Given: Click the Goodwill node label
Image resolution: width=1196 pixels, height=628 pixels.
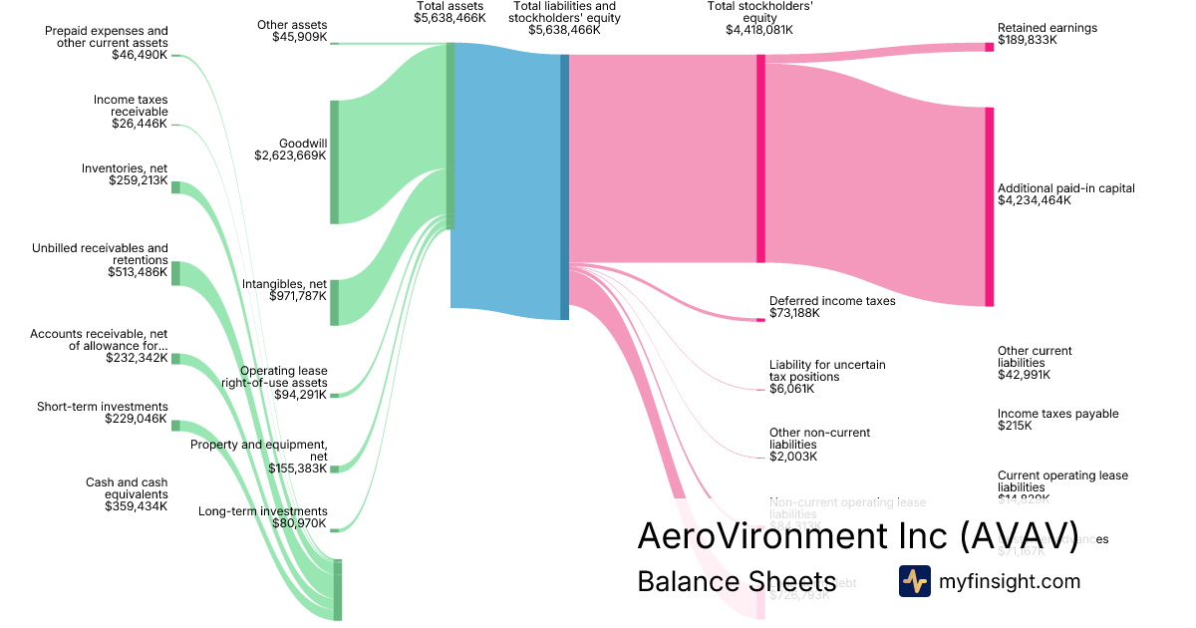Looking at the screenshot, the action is click(304, 143).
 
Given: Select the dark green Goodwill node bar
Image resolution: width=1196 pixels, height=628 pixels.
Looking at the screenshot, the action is click(335, 161).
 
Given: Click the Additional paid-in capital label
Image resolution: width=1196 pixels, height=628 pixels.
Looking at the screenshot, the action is click(1065, 187).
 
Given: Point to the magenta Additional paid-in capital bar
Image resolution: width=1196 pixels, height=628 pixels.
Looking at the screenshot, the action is click(989, 206).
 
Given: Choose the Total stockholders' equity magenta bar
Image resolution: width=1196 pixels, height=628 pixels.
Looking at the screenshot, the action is click(760, 158).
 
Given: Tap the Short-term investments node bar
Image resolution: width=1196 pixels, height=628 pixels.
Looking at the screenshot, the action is click(175, 426).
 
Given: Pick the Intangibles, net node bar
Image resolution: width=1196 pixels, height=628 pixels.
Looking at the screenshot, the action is click(335, 302).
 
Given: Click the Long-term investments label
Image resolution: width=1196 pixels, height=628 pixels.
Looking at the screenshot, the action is click(263, 510).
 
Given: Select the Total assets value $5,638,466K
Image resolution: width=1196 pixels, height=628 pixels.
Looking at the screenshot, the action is click(449, 18).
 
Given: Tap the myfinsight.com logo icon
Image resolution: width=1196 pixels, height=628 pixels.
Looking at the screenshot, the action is click(914, 581).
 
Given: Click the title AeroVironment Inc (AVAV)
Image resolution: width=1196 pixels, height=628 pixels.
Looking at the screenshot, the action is click(857, 535).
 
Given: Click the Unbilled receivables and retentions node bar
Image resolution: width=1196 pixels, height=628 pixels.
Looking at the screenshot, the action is click(175, 273).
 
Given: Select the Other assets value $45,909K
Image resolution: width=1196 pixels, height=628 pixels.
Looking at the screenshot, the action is click(299, 37).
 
